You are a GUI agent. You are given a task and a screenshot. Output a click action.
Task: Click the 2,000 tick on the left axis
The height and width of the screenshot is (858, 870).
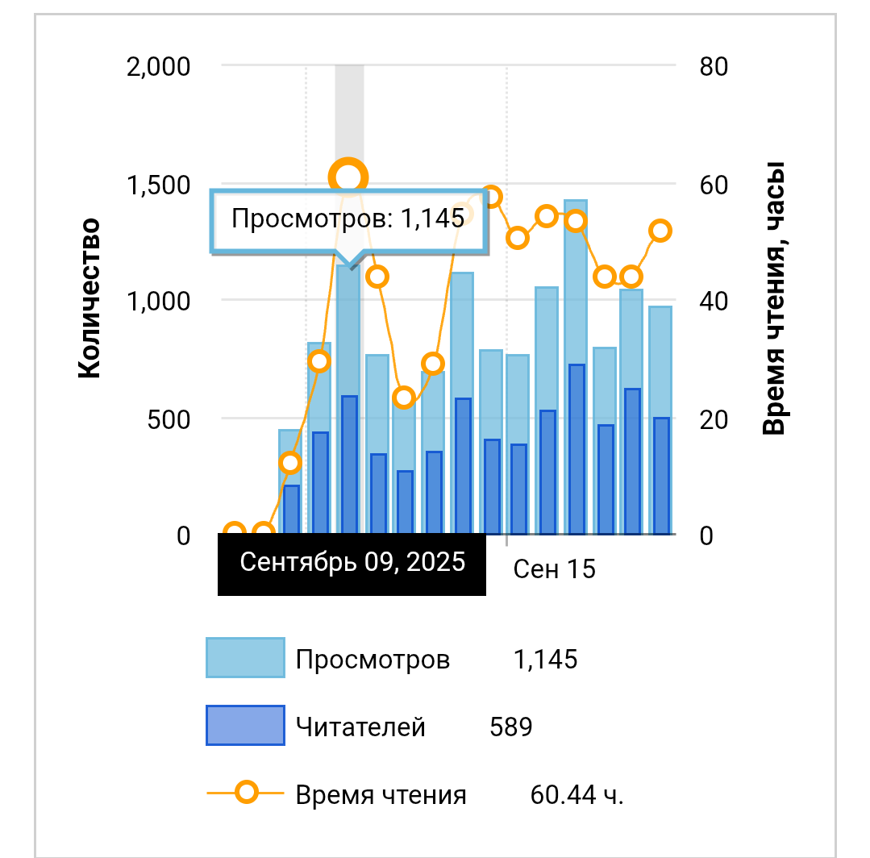tap(159, 66)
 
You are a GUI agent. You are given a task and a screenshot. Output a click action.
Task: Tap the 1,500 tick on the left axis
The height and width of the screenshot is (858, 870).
tap(159, 185)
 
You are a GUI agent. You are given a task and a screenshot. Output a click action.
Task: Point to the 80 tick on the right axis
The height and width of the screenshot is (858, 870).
tap(714, 66)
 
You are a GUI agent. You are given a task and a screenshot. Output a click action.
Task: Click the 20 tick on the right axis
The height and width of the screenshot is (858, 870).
tap(714, 419)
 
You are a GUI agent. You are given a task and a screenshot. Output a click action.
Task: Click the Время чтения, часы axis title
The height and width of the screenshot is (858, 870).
tap(774, 298)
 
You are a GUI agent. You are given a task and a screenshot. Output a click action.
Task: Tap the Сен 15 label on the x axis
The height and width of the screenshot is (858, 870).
tap(554, 569)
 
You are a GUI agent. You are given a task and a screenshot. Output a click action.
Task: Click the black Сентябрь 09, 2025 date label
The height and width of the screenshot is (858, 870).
tap(352, 562)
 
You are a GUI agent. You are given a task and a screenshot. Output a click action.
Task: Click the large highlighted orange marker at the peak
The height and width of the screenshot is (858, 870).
tap(348, 177)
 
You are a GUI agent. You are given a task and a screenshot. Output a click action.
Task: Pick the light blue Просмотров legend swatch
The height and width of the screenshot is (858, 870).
tap(246, 658)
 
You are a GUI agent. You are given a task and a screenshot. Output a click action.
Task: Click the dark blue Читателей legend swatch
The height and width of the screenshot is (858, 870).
tap(246, 726)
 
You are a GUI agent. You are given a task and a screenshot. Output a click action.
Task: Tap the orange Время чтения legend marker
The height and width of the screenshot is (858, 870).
tap(247, 793)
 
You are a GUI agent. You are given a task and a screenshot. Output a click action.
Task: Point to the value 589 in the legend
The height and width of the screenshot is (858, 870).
tap(511, 727)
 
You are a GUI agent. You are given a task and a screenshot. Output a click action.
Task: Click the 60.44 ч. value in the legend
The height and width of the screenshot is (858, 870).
tap(577, 795)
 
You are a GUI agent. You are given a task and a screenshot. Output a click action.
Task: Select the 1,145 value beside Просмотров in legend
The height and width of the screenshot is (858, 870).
tap(545, 660)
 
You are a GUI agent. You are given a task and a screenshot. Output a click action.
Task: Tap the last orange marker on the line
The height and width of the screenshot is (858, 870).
tap(660, 231)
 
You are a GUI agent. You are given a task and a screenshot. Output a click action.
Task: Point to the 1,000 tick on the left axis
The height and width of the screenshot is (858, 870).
tap(159, 302)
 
